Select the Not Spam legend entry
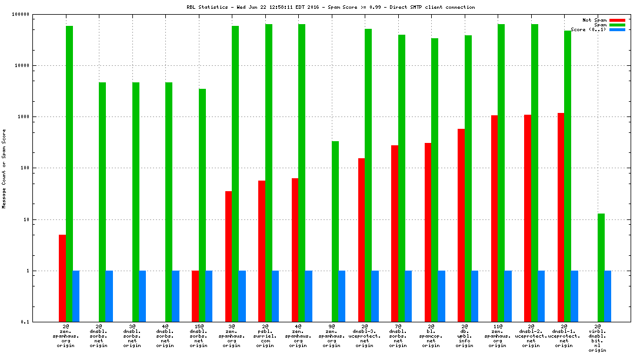pyautogui.click(x=594, y=20)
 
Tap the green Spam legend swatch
pyautogui.click(x=617, y=25)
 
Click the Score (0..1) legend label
pyautogui.click(x=588, y=29)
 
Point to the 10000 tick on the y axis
pyautogui.click(x=21, y=65)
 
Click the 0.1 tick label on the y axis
pyautogui.click(x=24, y=322)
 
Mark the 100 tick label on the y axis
pyautogui.click(x=24, y=168)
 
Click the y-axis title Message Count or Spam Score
pyautogui.click(x=4, y=169)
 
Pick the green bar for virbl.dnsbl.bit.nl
pyautogui.click(x=601, y=268)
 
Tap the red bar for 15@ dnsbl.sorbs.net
pyautogui.click(x=195, y=296)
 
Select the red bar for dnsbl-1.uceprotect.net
pyautogui.click(x=561, y=217)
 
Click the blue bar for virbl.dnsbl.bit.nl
pyautogui.click(x=608, y=296)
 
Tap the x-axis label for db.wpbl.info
pyautogui.click(x=465, y=335)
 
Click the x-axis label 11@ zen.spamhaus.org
pyautogui.click(x=498, y=335)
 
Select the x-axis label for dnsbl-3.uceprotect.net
pyautogui.click(x=365, y=335)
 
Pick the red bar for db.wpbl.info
pyautogui.click(x=461, y=225)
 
